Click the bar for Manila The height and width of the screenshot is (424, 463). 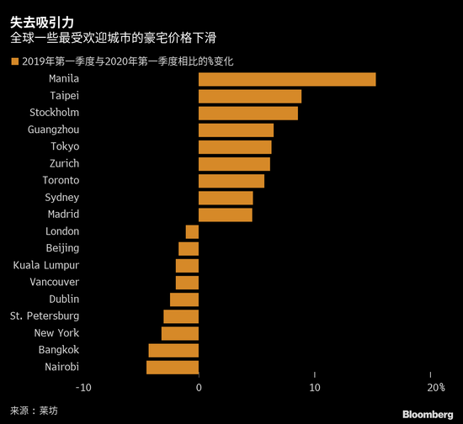point(287,79)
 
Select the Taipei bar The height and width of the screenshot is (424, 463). point(250,96)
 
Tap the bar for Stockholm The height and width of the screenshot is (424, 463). point(248,113)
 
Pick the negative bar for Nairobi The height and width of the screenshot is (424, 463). point(173,367)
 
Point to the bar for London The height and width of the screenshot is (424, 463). point(192,231)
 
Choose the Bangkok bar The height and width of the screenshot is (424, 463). point(173,350)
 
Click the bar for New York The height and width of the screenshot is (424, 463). point(180,333)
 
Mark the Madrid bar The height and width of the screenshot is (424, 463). point(226,215)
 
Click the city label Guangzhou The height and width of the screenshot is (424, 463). point(53,130)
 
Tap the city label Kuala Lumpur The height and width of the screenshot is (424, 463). point(46,265)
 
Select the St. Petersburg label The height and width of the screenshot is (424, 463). point(45,316)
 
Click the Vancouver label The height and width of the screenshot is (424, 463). point(54,282)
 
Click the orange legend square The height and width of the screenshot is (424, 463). point(13,61)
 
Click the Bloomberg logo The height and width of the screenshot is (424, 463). point(427,413)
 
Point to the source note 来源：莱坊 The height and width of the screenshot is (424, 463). point(37,411)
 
